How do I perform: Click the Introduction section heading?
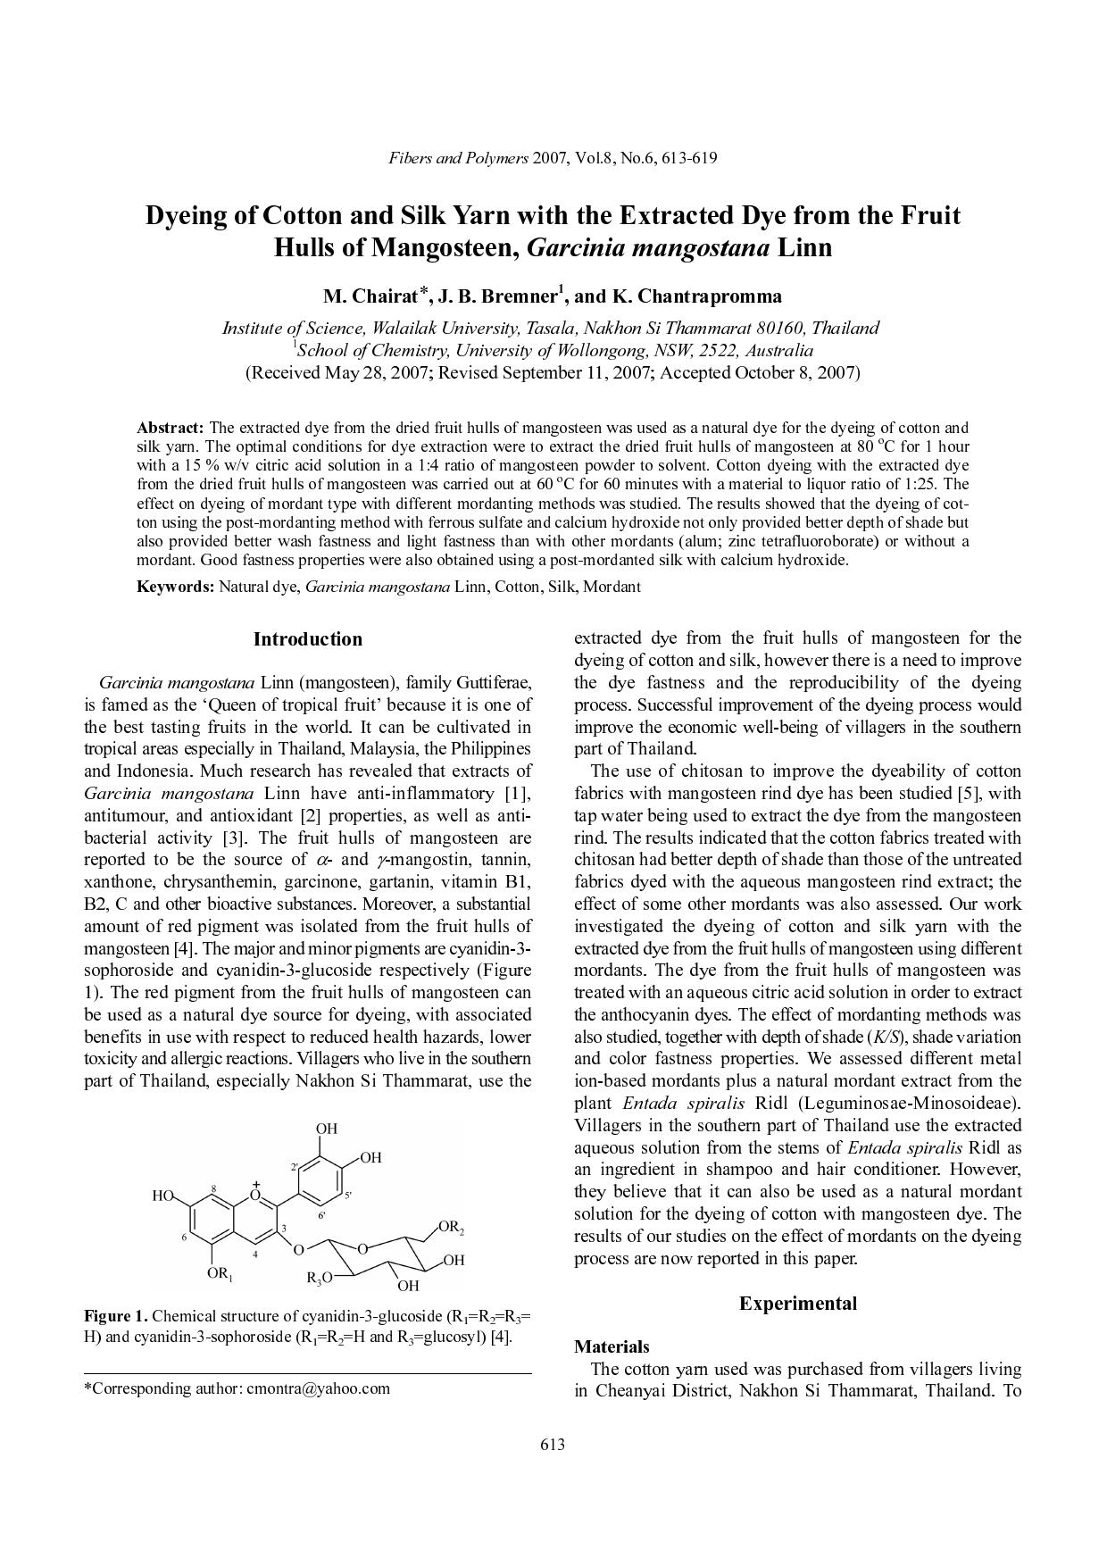[308, 639]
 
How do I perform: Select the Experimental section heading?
[797, 1304]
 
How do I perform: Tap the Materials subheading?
[612, 1346]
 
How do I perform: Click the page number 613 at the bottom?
[553, 1445]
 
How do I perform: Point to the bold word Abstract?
[171, 428]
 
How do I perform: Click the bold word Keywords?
[175, 587]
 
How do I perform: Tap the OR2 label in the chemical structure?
[452, 1229]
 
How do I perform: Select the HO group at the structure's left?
[162, 1196]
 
